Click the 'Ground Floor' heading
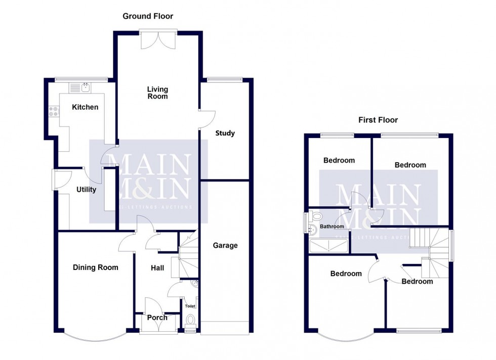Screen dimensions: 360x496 coord(148,16)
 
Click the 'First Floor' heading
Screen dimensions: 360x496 coord(378,120)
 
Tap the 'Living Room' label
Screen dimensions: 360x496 coord(157,93)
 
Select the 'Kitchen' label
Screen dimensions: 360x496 coord(85,107)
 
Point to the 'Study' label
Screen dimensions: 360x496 coord(225,133)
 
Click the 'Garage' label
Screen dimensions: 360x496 coord(225,246)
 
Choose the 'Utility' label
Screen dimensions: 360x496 coord(86,190)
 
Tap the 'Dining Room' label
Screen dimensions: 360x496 coord(95,267)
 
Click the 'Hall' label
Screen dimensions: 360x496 coord(157,268)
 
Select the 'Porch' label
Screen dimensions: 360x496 coord(157,318)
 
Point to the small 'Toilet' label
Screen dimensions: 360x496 coord(190,306)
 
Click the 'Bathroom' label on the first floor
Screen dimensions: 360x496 coord(332,227)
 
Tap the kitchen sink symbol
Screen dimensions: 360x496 coord(81,87)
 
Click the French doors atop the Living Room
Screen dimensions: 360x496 coord(157,39)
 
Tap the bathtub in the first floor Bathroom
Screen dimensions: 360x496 coord(328,246)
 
